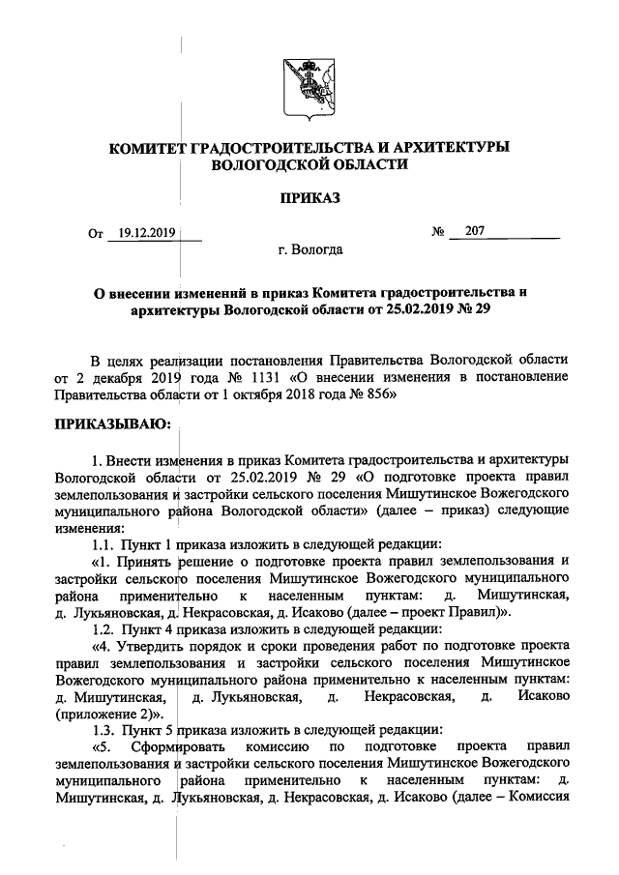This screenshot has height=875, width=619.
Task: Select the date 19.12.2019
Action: [142, 232]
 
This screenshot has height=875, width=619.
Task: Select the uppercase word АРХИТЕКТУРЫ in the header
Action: [446, 147]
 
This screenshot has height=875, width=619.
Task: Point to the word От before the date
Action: [95, 233]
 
